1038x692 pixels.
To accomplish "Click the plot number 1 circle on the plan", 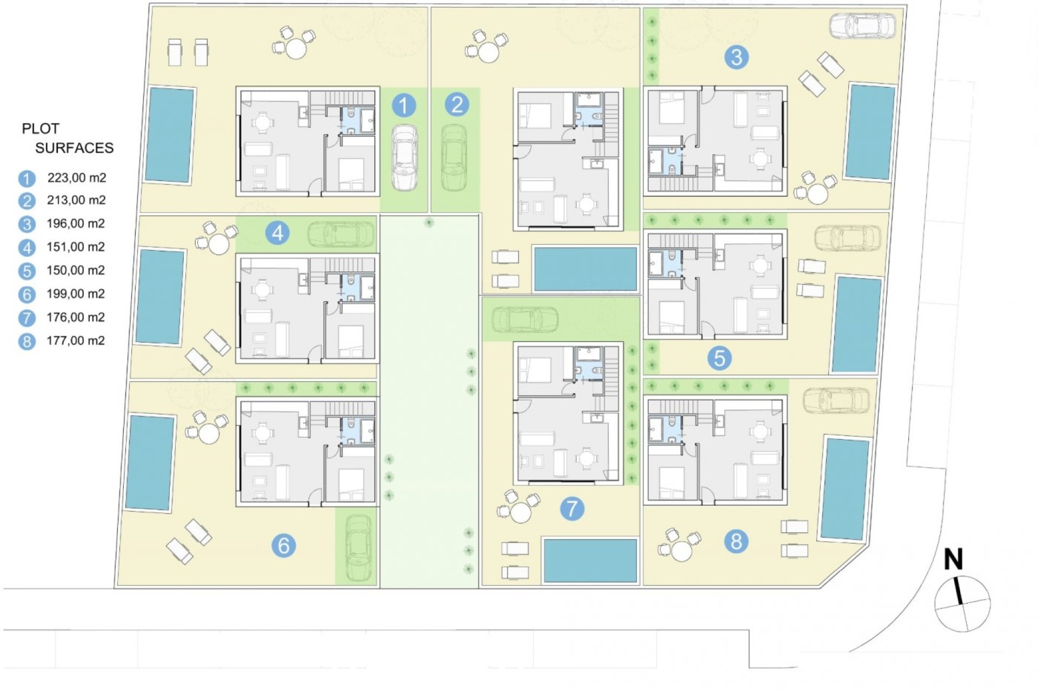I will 403,105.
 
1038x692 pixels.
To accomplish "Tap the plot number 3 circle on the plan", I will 736,57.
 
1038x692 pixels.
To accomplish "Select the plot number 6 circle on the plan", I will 284,545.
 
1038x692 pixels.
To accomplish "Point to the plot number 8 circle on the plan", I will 736,541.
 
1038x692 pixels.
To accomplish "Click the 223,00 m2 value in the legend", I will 76,177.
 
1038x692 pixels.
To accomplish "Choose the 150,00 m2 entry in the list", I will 76,270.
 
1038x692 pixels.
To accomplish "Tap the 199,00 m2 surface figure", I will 76,294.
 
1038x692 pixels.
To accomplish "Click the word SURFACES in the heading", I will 75,148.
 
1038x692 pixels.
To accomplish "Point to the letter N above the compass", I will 954,560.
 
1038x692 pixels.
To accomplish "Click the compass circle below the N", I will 963,604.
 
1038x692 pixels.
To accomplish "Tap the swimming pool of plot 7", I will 590,560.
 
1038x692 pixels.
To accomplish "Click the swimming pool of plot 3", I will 870,132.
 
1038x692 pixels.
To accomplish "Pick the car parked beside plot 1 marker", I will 404,157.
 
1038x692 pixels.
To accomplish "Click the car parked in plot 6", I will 358,547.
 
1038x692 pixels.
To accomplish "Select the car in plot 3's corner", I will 862,26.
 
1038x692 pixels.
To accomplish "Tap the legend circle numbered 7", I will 26,318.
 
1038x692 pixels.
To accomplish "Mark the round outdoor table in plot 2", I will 488,53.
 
